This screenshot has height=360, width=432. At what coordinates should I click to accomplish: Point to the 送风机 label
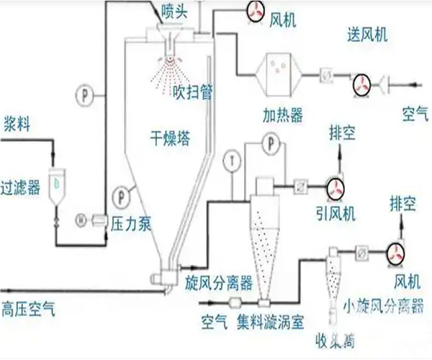coord(366,35)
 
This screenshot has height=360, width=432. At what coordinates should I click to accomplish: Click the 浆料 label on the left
coord(17,124)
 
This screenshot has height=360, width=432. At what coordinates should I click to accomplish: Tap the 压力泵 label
coord(130,224)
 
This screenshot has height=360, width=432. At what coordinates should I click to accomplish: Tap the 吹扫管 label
coord(193,92)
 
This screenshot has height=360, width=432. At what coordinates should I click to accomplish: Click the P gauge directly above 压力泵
coord(121,193)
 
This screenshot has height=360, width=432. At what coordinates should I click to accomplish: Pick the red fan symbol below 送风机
coord(361,85)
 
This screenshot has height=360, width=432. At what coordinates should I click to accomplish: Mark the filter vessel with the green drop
coord(55,183)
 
